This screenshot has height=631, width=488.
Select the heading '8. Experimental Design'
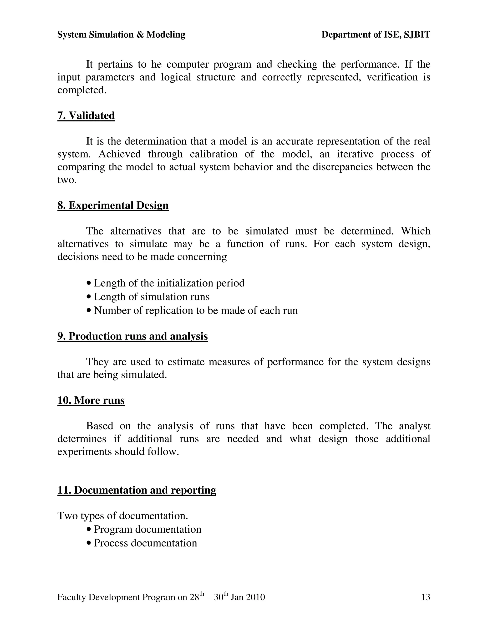(113, 205)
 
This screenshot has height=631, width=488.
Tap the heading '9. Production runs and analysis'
(132, 336)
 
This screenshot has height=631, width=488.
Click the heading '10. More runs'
(91, 401)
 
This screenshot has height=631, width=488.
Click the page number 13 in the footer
(426, 597)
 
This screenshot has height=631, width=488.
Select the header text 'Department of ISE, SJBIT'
(376, 35)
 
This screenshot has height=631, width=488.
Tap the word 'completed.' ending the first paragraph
(82, 90)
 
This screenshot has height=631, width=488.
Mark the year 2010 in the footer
(255, 597)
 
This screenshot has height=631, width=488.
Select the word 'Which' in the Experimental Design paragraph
(415, 231)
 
